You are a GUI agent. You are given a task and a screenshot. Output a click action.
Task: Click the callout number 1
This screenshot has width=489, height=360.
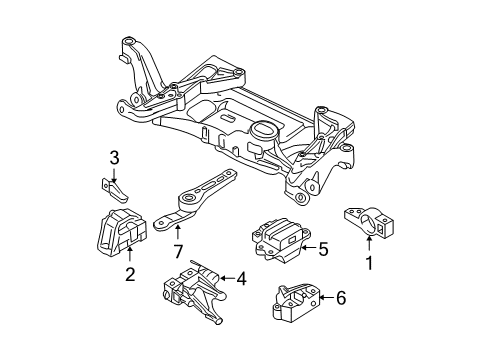[x=369, y=263]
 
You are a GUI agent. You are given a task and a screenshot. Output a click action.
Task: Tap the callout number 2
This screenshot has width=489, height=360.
[x=130, y=274]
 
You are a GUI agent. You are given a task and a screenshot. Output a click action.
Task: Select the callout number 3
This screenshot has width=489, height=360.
[x=114, y=158]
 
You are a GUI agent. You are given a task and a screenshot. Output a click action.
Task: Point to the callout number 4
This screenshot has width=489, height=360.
[x=241, y=278]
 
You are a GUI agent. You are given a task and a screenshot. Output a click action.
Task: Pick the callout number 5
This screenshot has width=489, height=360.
[x=323, y=249]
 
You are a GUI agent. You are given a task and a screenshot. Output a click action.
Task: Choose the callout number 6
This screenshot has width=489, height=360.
[x=341, y=298]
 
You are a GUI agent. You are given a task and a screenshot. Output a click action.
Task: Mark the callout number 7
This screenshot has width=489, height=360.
[x=178, y=251]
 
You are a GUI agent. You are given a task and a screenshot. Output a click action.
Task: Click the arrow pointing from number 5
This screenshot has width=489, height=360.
[x=308, y=248]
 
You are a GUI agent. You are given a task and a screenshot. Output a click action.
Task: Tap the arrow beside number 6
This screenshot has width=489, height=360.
[x=327, y=297]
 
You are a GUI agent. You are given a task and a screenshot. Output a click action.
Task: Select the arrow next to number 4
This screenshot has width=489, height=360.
[x=227, y=277]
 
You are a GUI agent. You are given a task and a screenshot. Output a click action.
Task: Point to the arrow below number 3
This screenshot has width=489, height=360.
[x=114, y=175]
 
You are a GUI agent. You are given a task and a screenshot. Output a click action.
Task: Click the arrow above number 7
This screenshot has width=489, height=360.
[x=177, y=233]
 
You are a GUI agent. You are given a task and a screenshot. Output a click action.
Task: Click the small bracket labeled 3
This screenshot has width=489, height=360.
[x=114, y=190]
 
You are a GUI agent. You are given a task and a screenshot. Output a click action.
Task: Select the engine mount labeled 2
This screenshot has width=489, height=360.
[x=121, y=233]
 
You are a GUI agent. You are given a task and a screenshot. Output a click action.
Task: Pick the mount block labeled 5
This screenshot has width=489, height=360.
[x=281, y=241]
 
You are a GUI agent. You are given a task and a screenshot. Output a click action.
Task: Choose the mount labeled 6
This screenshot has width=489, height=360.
[x=296, y=303]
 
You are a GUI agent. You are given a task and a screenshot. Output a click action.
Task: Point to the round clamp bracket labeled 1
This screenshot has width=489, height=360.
[x=369, y=222]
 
